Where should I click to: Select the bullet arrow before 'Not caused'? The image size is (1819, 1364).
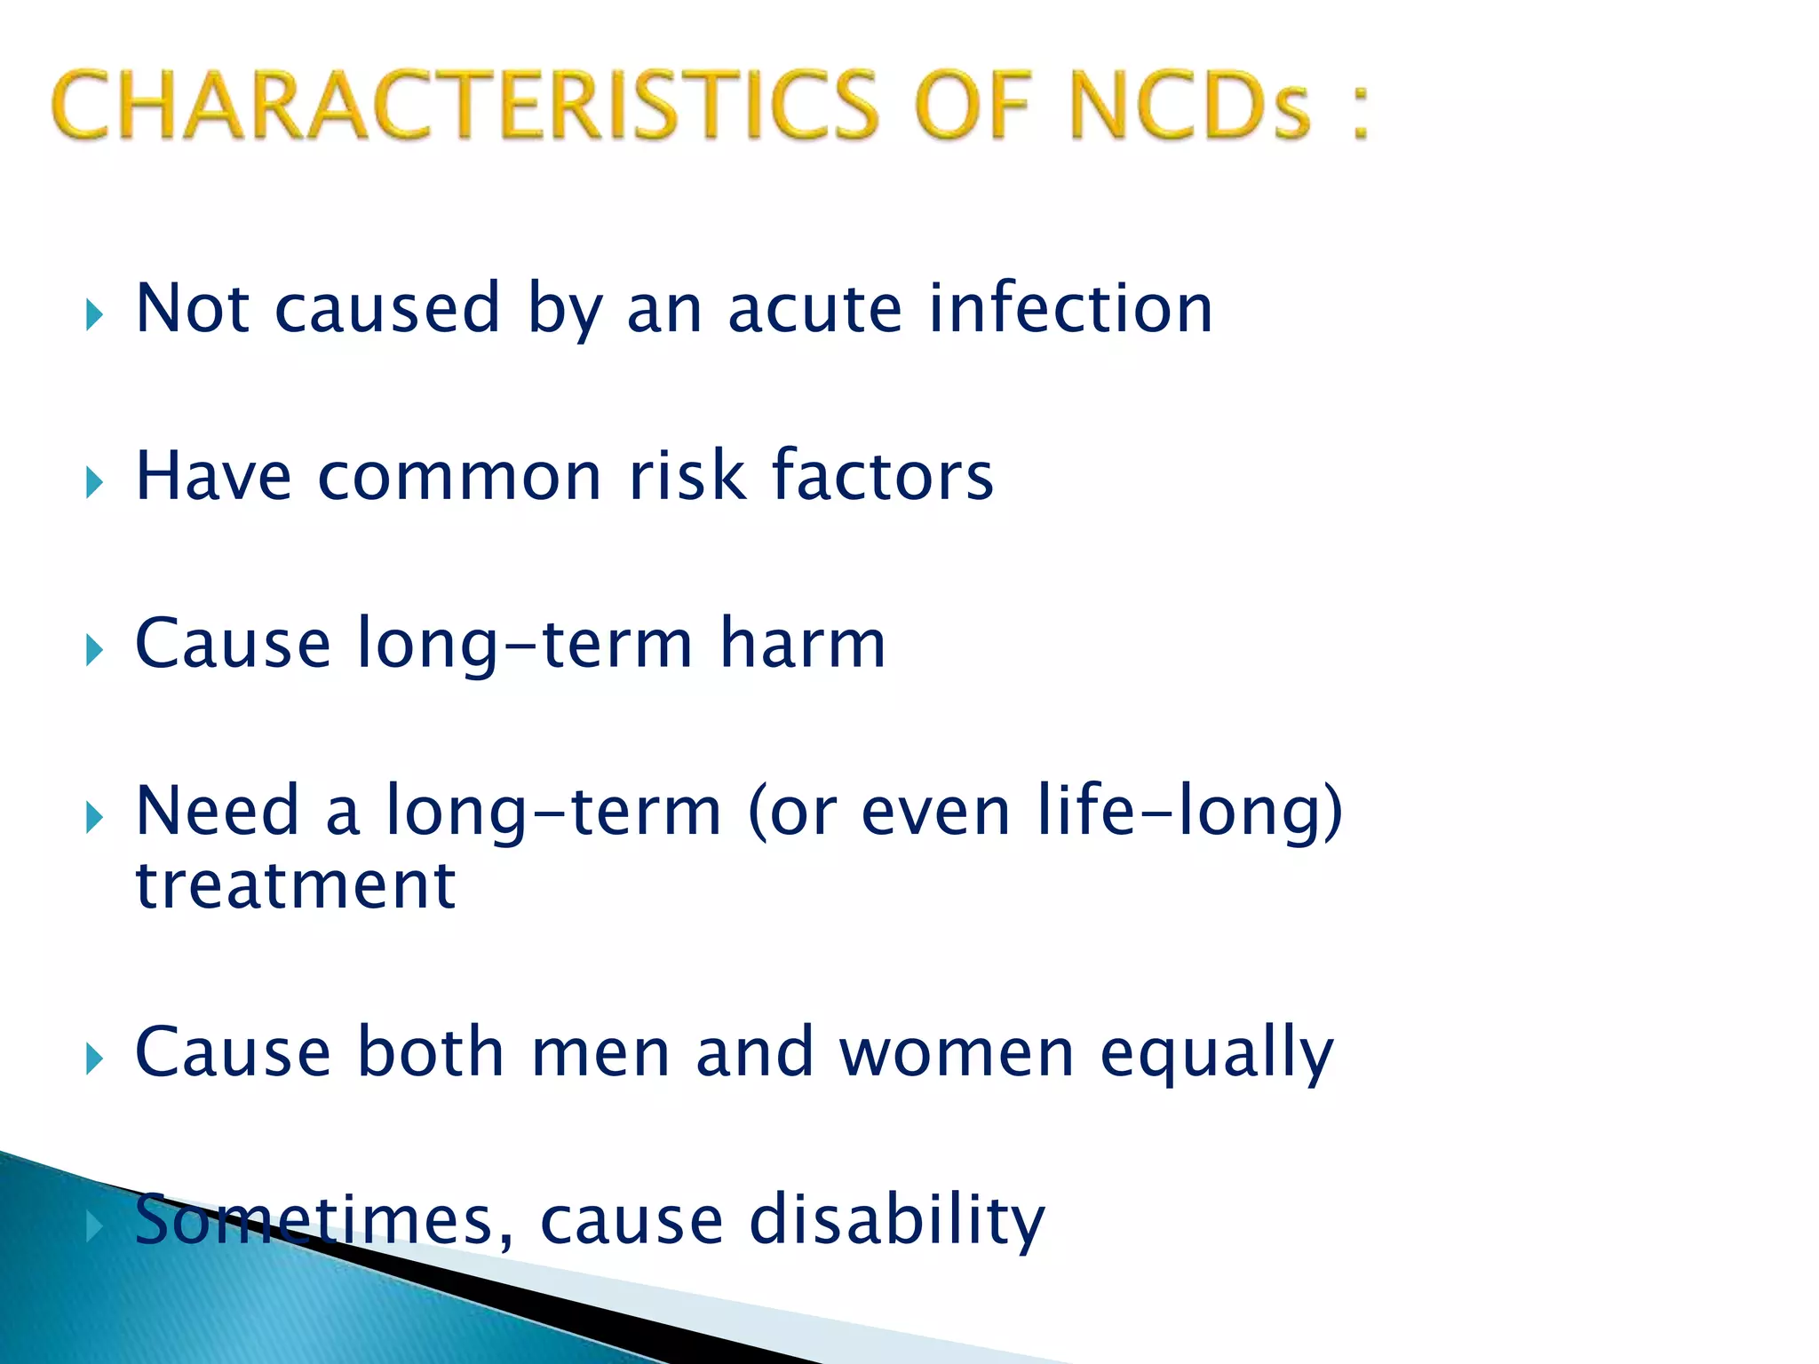94,314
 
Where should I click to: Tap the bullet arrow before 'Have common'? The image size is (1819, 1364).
94,483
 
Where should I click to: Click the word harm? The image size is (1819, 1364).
803,643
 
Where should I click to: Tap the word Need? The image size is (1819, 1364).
217,810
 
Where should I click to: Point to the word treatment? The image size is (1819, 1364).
295,885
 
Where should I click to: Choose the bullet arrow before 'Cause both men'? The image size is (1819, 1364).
94,1059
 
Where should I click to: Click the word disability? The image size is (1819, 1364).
897,1220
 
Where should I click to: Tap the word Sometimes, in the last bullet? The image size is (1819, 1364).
324,1220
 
